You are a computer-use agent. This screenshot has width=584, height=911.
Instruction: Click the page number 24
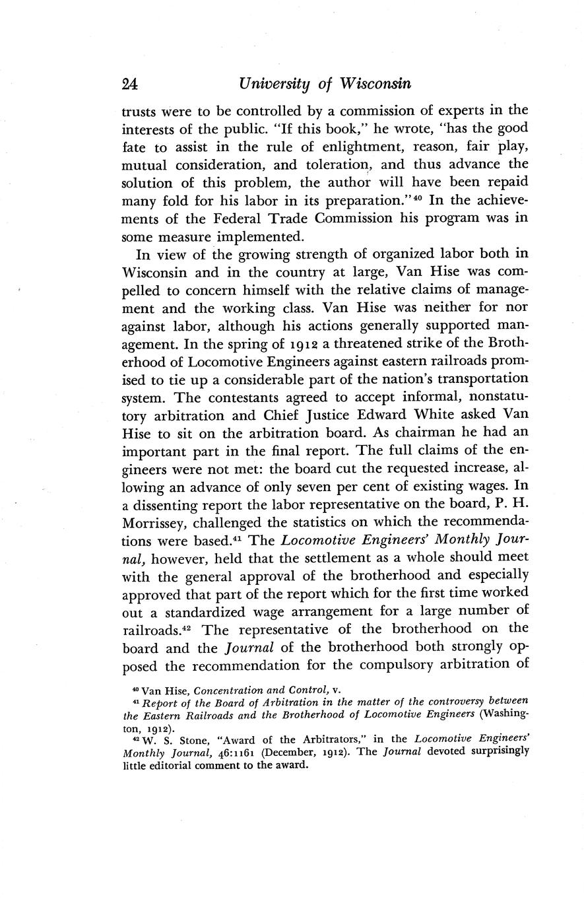(129, 84)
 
